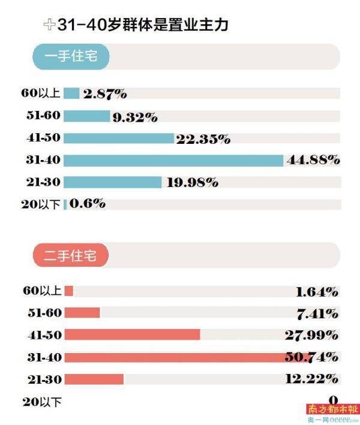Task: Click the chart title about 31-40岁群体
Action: (143, 25)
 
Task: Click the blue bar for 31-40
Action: (173, 160)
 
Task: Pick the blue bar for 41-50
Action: (118, 138)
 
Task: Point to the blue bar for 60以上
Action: (71, 93)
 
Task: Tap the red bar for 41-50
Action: (132, 334)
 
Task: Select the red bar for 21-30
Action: (94, 379)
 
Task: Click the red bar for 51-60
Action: (82, 312)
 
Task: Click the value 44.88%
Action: (313, 160)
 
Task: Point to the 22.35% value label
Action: (203, 139)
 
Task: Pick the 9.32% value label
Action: (135, 117)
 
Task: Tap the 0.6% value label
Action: (88, 204)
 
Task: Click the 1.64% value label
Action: (317, 292)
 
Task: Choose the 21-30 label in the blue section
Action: (43, 182)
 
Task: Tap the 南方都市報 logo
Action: (333, 409)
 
